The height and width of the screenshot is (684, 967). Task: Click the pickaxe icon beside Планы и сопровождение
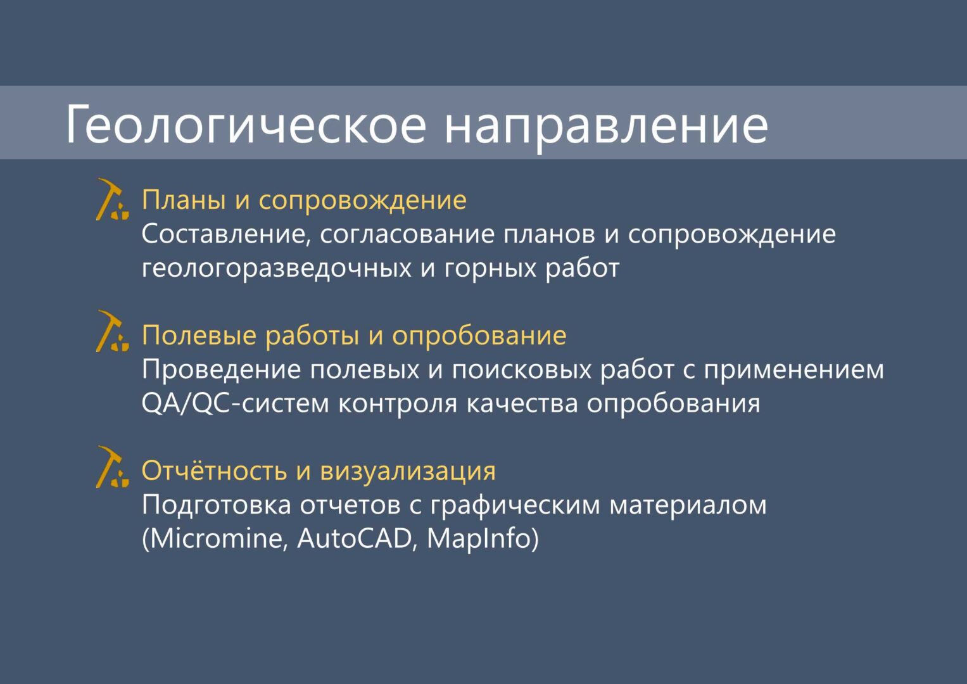112,199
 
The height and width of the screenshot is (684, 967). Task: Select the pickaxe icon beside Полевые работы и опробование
112,331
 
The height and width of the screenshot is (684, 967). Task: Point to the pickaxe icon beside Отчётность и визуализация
112,467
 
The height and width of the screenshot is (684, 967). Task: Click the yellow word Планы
184,200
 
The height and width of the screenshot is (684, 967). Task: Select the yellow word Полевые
199,336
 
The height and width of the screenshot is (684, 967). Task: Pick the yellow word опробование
479,336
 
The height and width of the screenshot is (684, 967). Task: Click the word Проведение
222,370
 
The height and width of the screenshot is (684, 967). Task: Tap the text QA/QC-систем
236,403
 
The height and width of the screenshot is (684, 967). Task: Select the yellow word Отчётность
215,470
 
